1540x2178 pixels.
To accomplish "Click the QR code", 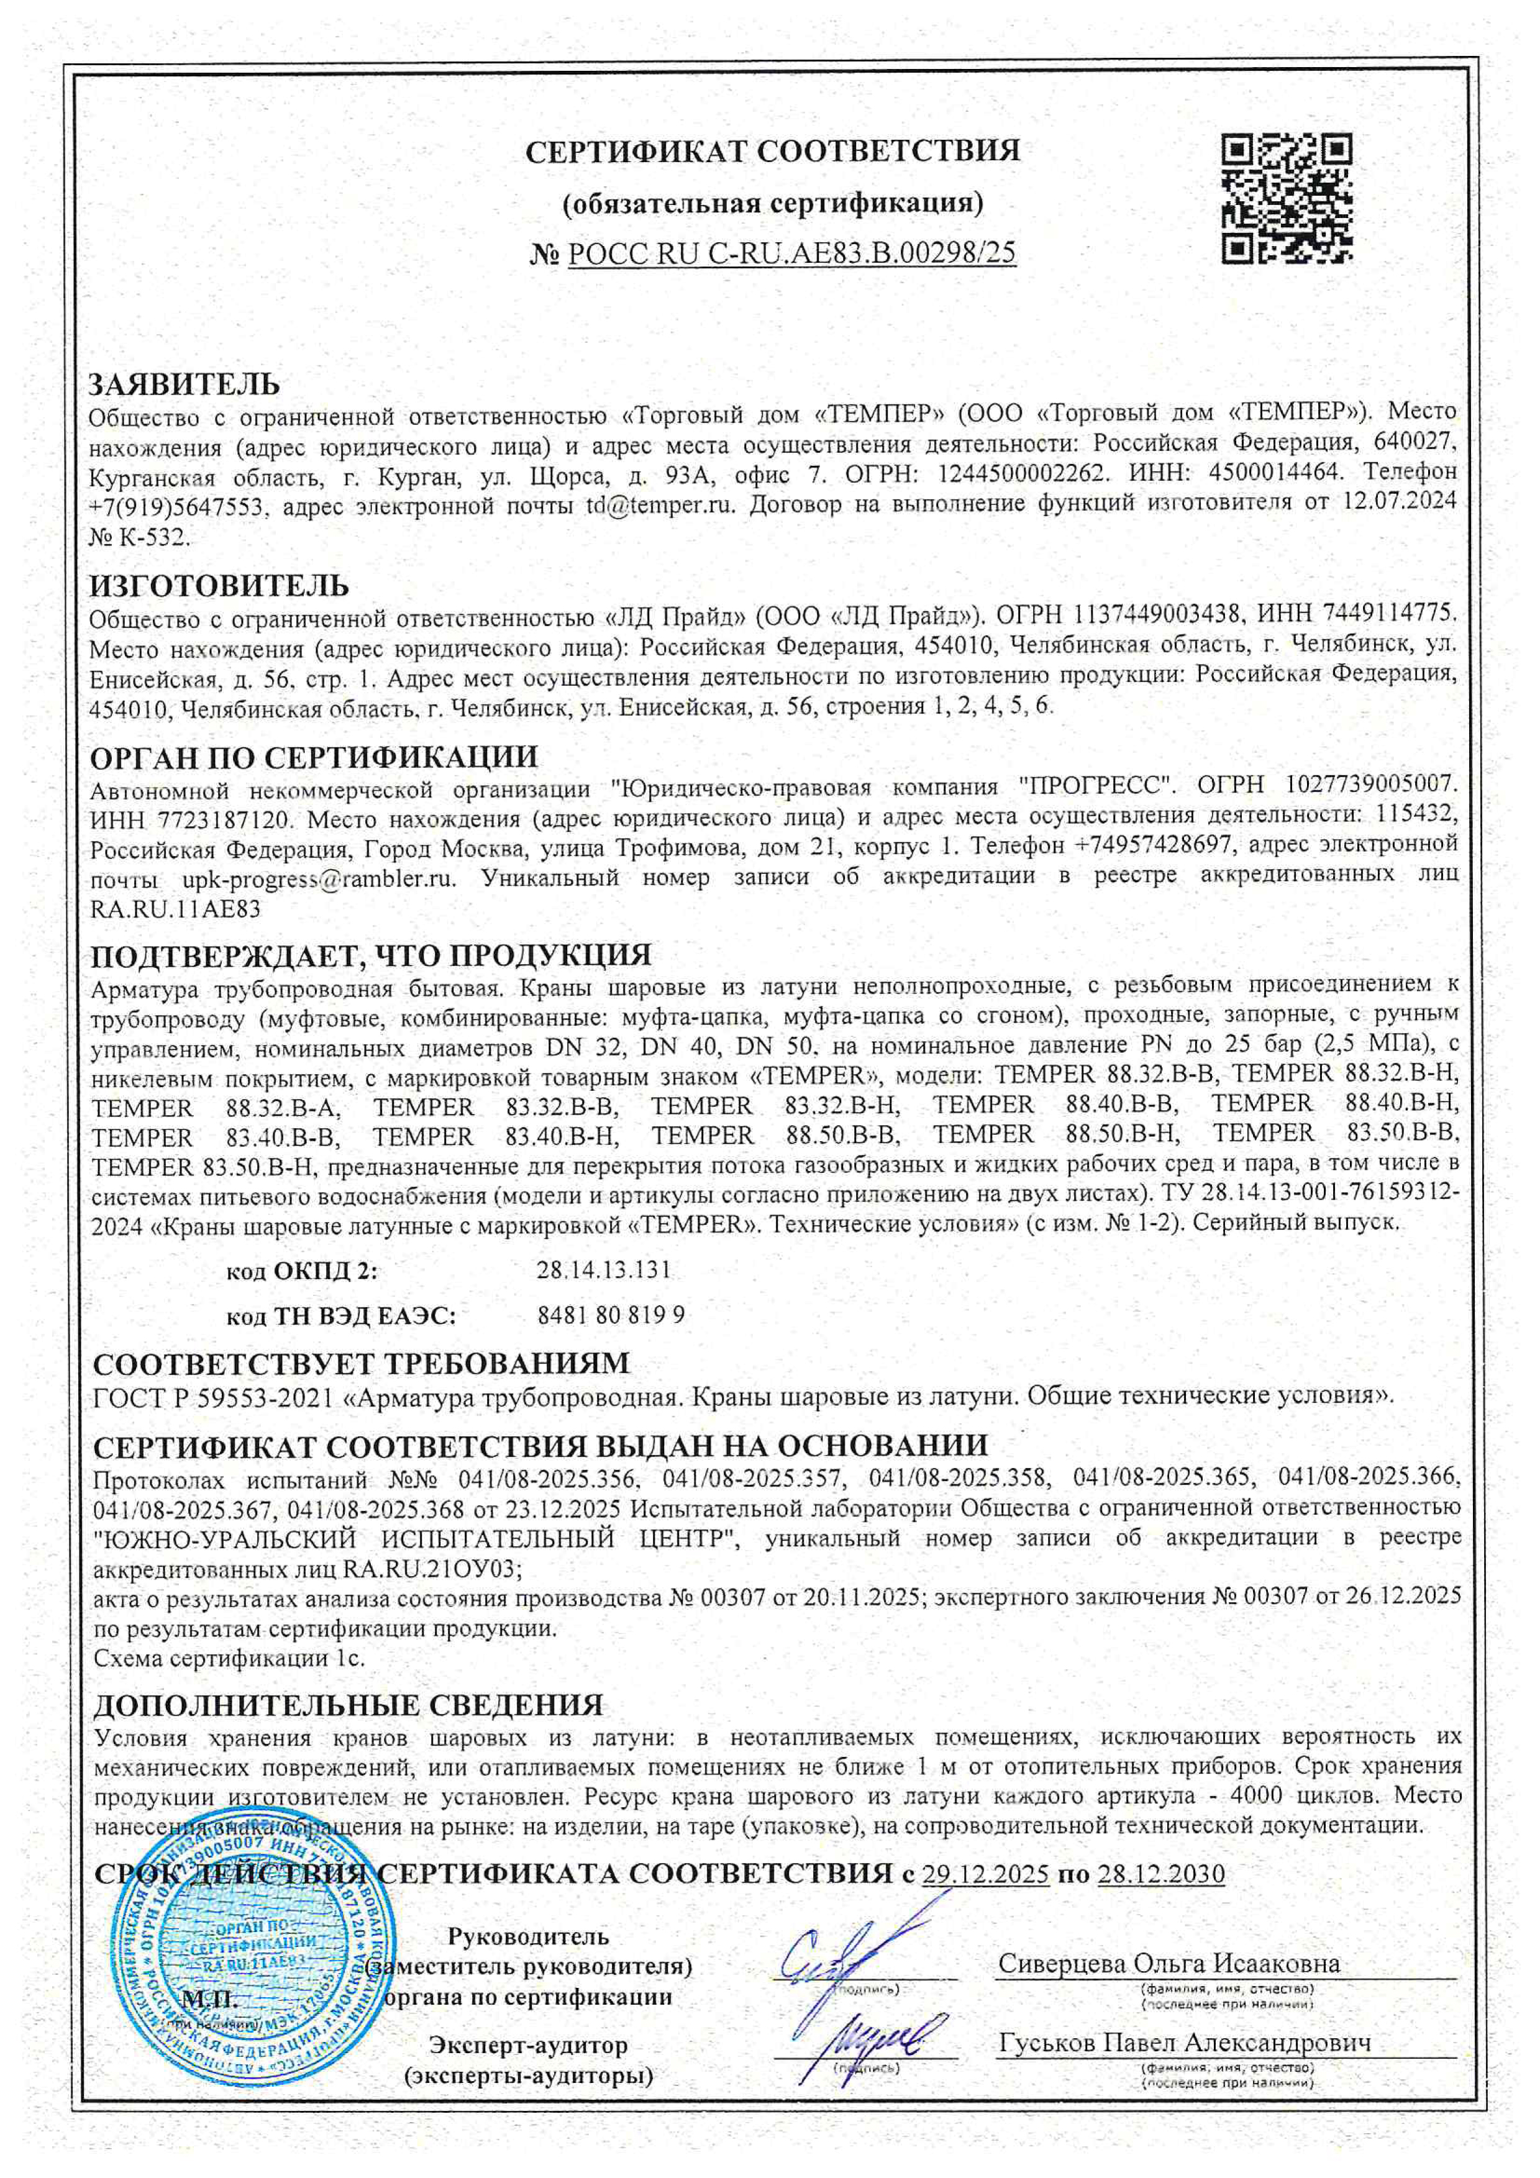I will pos(1286,198).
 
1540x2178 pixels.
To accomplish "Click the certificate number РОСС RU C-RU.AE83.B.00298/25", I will pos(791,253).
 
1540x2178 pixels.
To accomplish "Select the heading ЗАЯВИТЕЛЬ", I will pos(184,384).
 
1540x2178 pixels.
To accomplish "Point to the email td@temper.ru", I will pos(660,504).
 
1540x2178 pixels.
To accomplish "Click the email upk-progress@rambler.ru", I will pos(319,878).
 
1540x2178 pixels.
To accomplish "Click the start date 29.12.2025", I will pos(985,1874).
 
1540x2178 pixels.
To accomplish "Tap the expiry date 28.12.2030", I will pos(1160,1874).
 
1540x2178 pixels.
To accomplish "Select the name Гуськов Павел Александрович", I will pos(1184,2043).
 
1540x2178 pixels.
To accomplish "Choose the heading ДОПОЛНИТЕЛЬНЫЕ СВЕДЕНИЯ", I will pos(349,1705).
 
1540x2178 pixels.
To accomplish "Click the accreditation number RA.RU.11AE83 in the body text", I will pos(176,909).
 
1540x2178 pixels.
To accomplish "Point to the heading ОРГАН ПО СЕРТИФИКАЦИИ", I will pos(314,758).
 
